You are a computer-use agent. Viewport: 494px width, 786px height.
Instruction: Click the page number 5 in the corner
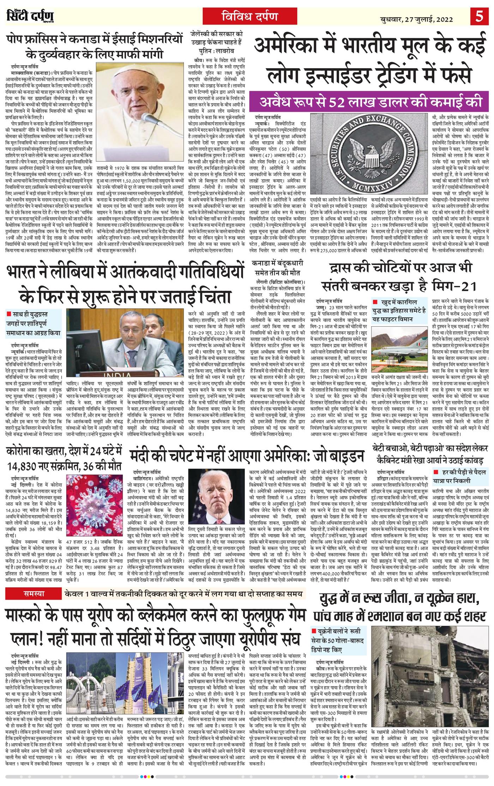coord(480,17)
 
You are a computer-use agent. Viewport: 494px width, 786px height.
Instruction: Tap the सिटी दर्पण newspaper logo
coord(30,17)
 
